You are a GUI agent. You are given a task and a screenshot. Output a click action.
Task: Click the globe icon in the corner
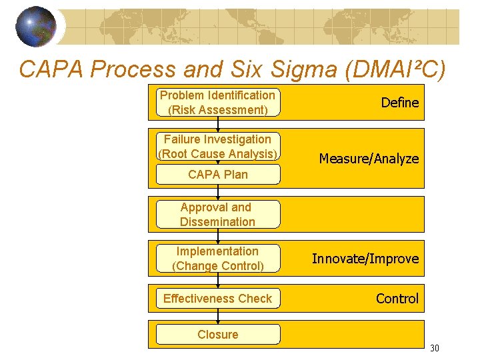(x=36, y=27)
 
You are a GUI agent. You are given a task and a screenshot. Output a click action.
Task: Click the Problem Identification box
(x=218, y=103)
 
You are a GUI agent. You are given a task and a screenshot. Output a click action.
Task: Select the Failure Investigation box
(x=218, y=147)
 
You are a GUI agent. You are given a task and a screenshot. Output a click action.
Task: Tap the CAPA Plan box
(x=218, y=175)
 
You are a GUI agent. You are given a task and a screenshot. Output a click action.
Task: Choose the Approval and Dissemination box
(x=218, y=215)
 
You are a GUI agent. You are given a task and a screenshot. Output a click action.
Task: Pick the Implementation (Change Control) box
(x=218, y=259)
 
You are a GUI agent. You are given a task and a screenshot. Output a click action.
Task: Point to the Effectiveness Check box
(x=218, y=299)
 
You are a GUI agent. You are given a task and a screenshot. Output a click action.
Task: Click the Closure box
(x=218, y=335)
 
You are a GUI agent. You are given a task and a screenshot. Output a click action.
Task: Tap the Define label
(x=399, y=103)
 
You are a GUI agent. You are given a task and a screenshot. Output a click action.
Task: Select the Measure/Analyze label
(x=369, y=159)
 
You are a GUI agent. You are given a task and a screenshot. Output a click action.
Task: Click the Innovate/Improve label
(x=365, y=259)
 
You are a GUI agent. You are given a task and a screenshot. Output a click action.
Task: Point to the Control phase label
(x=397, y=299)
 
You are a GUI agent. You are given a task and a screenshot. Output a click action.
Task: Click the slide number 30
(x=434, y=348)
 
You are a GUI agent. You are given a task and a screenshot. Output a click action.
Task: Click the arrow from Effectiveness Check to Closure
(x=218, y=316)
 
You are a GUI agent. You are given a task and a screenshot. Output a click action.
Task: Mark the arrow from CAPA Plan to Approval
(x=218, y=192)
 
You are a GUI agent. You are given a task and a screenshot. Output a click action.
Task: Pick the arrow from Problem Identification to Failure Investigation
(x=218, y=125)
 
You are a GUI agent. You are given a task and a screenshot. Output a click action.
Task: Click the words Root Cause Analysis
(x=218, y=154)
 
